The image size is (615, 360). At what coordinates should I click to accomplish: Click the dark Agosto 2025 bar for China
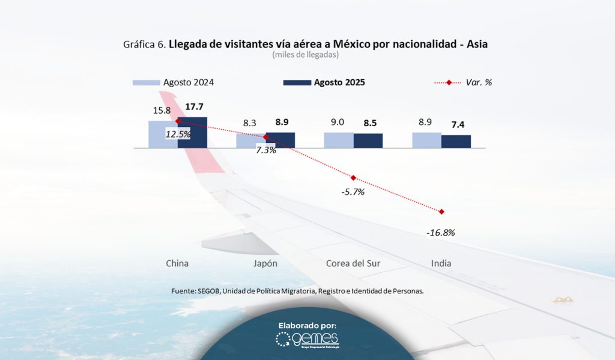tap(192, 133)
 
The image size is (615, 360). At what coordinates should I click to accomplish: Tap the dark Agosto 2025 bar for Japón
tap(280, 140)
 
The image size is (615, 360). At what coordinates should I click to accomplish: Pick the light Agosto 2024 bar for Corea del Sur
tap(339, 140)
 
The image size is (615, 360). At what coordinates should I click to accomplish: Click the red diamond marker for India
tap(441, 212)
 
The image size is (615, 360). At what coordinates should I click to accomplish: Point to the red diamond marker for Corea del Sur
tap(353, 178)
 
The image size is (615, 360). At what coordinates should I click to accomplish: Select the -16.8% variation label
tap(441, 233)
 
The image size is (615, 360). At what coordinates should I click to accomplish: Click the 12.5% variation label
tap(178, 135)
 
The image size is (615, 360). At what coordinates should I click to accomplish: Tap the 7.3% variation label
tap(266, 150)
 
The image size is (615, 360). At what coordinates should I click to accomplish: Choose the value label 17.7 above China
tap(193, 107)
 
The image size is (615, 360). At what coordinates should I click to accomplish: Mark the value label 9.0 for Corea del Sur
tap(338, 122)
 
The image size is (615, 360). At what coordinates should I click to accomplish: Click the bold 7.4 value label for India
tap(458, 125)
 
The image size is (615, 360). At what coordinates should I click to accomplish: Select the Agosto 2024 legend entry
tap(174, 82)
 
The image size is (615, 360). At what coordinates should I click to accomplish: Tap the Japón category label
tap(265, 263)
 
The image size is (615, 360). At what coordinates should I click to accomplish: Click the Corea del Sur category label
tap(353, 263)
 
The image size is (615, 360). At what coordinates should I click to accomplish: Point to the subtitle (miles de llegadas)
tap(306, 55)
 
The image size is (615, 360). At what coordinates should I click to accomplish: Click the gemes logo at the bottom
tap(307, 340)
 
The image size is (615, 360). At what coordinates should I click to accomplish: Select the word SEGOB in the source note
tap(208, 291)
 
